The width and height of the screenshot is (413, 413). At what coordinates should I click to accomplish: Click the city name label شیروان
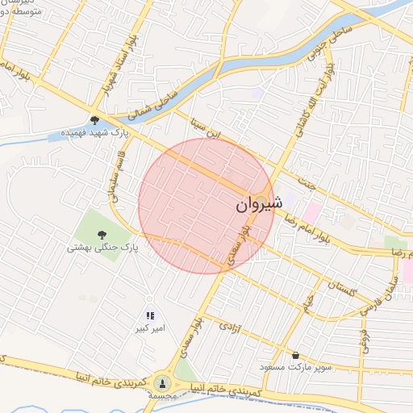pyautogui.click(x=259, y=205)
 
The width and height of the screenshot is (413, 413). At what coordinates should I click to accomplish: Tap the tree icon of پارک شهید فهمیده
pyautogui.click(x=95, y=120)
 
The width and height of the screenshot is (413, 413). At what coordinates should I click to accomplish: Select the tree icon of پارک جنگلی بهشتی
pyautogui.click(x=102, y=234)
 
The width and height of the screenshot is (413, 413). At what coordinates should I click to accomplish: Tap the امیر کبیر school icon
pyautogui.click(x=149, y=315)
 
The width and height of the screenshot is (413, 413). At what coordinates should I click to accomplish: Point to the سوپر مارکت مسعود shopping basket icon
pyautogui.click(x=296, y=355)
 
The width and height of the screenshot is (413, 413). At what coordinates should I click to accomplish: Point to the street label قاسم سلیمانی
pyautogui.click(x=115, y=173)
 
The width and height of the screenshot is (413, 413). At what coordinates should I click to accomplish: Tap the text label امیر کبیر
pyautogui.click(x=150, y=329)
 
